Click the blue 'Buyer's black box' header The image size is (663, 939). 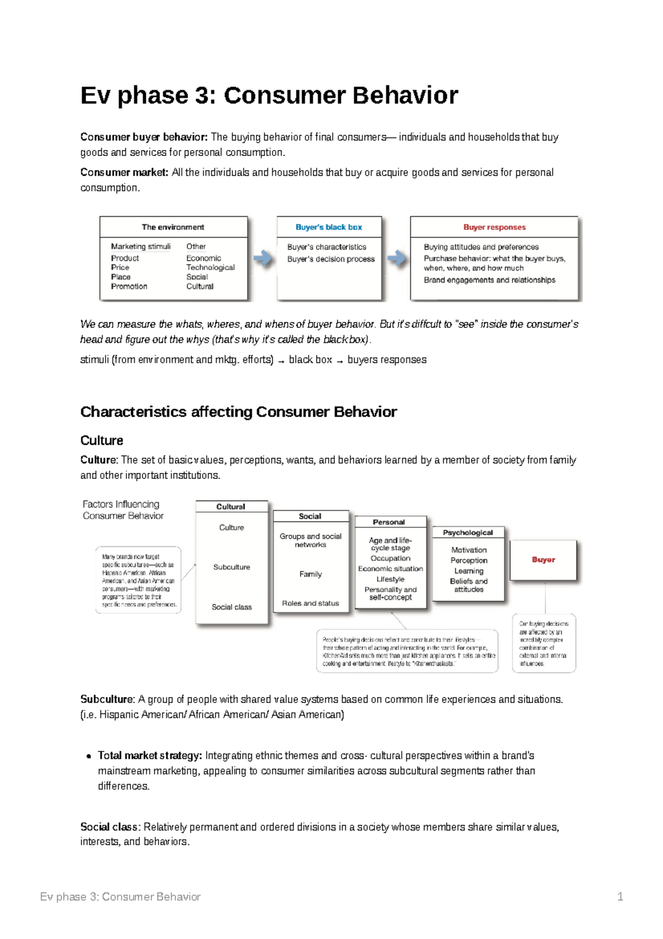[329, 227]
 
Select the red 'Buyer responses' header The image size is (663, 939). [494, 227]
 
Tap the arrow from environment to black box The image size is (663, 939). [262, 258]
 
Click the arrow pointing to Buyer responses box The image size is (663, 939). [396, 258]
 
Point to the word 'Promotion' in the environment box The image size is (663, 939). [129, 286]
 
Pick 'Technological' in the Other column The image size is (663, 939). [210, 268]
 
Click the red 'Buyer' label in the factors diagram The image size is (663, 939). [543, 560]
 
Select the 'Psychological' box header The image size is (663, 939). [468, 533]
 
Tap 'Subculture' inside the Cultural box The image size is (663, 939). [231, 567]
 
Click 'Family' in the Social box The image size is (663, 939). [311, 574]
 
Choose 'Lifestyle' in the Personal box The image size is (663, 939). [390, 579]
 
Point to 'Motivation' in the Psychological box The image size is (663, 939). [469, 550]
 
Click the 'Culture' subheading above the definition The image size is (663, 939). [102, 441]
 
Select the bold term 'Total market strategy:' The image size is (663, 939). [150, 755]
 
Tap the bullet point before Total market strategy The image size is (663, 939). [88, 757]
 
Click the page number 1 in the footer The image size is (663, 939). [620, 897]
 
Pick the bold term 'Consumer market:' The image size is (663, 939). [124, 173]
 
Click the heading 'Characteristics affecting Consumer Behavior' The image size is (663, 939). [238, 412]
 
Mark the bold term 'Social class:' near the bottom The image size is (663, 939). [110, 827]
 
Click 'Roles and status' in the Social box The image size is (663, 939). [311, 603]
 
